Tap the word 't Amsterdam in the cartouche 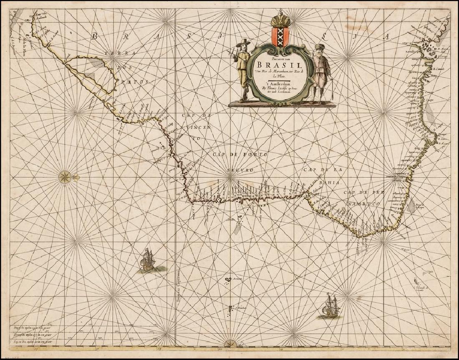point(276,83)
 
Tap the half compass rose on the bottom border point(230,343)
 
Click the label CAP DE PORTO point(240,155)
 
